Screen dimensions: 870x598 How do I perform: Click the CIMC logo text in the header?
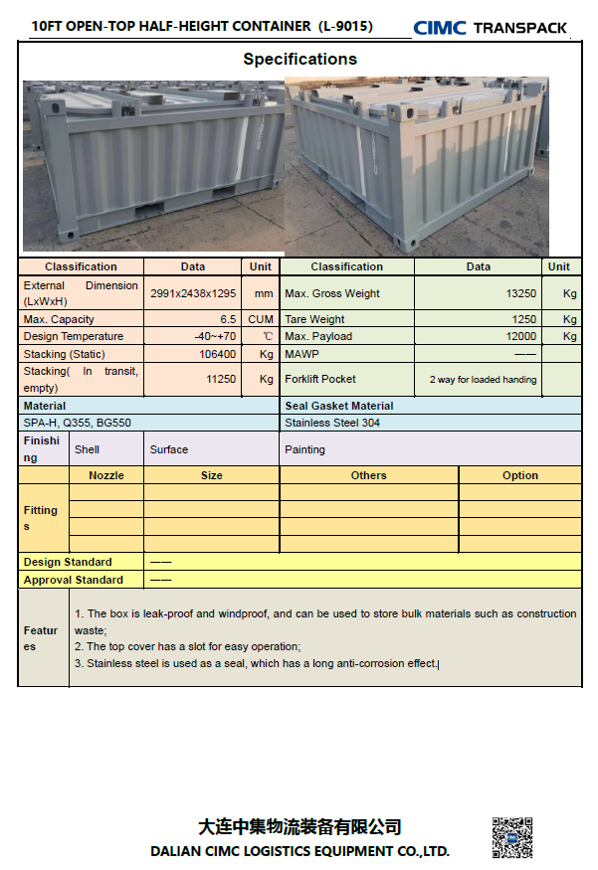(x=439, y=28)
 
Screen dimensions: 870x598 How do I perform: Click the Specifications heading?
(x=299, y=59)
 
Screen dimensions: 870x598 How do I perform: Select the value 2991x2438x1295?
(x=193, y=294)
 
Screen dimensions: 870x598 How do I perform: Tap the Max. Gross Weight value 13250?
(x=521, y=294)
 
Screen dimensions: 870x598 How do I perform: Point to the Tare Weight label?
(x=314, y=319)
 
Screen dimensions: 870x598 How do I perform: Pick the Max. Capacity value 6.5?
(x=228, y=319)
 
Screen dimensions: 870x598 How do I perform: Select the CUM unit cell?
(x=261, y=319)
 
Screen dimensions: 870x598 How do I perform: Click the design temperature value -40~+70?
(x=216, y=336)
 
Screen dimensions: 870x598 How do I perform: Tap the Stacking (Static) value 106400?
(x=218, y=354)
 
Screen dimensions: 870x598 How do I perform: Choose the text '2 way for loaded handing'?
(x=483, y=379)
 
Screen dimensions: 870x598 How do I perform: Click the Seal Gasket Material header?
(x=338, y=406)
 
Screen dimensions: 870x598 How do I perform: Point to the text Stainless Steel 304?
(x=332, y=423)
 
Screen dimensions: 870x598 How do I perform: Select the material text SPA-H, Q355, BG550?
(x=77, y=423)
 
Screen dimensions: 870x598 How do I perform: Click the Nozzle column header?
(x=106, y=475)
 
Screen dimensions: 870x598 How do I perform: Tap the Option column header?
(x=519, y=475)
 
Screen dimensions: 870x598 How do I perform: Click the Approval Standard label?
(x=74, y=580)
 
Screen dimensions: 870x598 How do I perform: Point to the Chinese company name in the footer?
(x=299, y=827)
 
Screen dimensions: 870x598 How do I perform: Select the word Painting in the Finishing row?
(x=304, y=449)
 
